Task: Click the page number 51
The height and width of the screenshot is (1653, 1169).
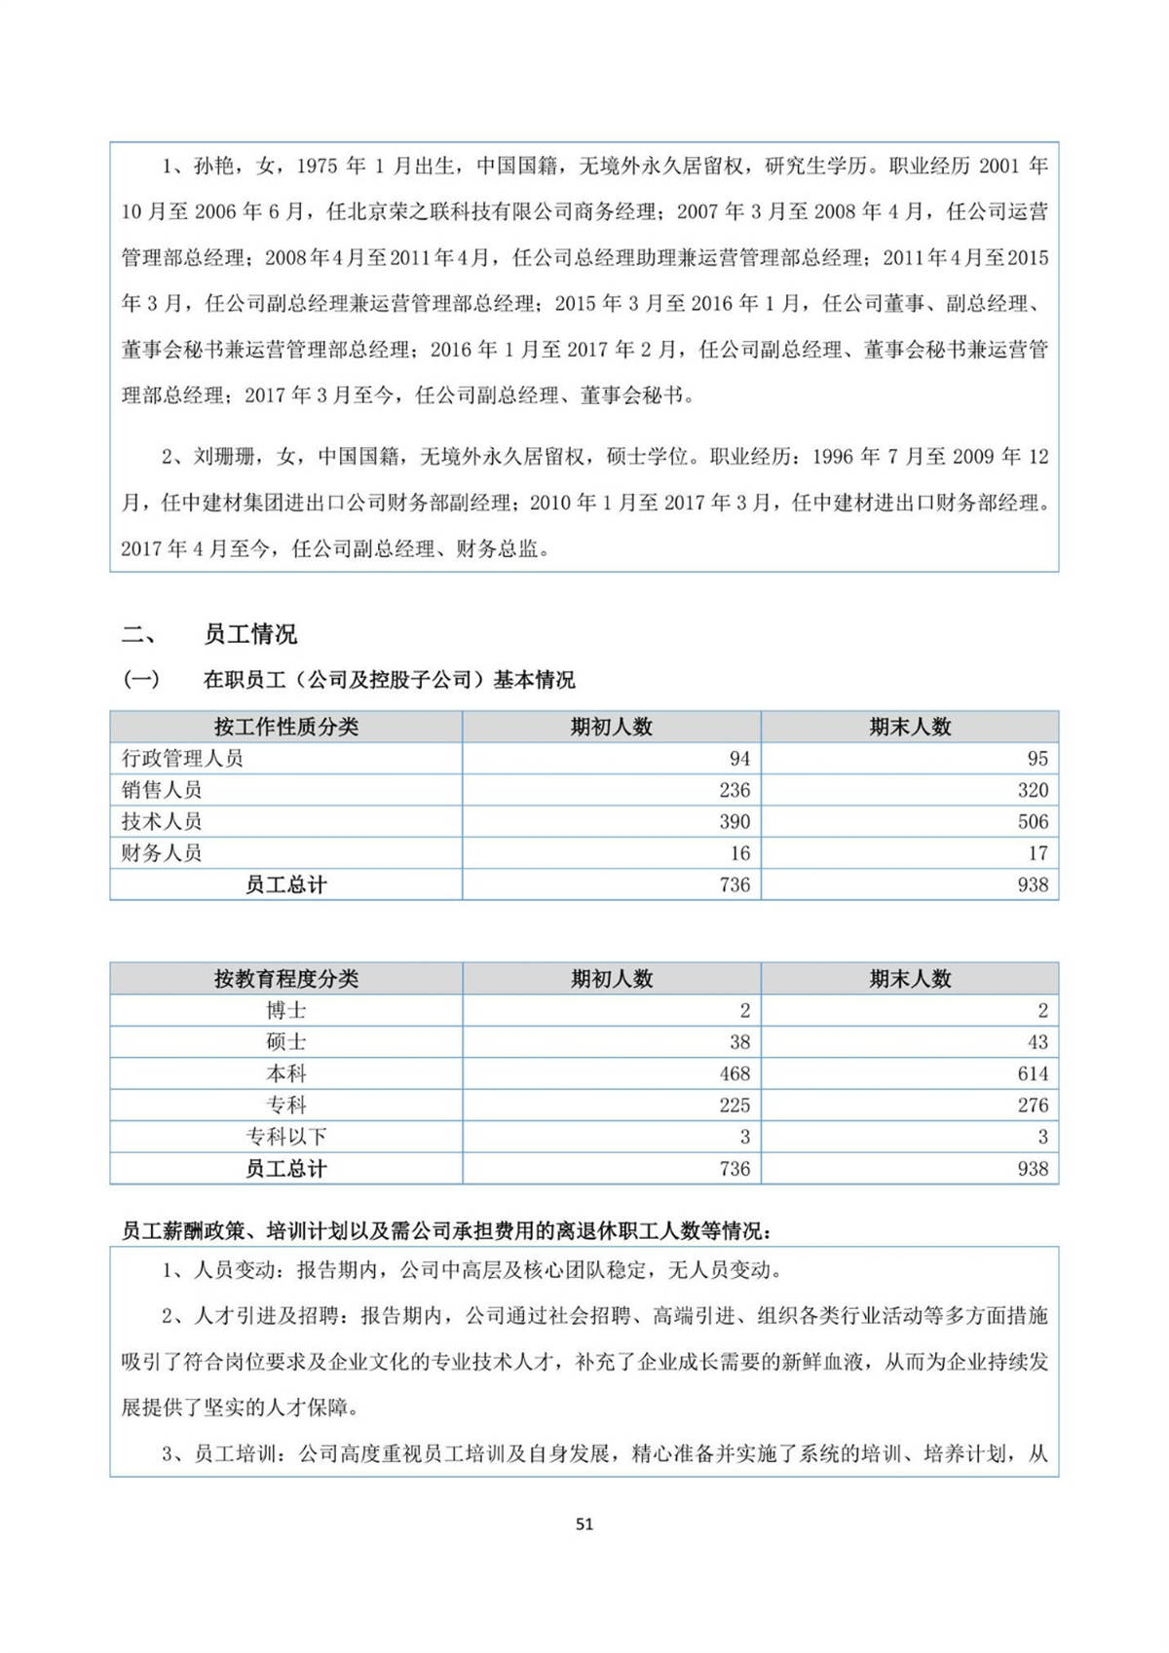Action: pos(584,1524)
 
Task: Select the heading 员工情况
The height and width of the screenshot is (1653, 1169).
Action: pos(250,635)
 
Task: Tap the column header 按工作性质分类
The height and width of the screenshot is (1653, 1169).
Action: pos(285,727)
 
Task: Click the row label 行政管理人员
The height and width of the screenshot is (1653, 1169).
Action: pos(182,759)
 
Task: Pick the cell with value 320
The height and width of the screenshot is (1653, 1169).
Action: pos(1033,790)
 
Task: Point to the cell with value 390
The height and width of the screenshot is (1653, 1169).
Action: pos(735,821)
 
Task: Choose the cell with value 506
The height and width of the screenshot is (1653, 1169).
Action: pos(1033,821)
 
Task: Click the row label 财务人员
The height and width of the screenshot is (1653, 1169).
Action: pos(162,853)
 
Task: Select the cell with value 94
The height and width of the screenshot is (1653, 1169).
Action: pos(739,759)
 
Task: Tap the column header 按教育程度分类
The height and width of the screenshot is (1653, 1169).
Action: pos(285,979)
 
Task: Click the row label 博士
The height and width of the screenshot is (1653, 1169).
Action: pos(285,1011)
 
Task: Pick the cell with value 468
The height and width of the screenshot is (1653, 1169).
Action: pos(735,1073)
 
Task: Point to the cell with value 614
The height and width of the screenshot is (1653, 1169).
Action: pos(1033,1073)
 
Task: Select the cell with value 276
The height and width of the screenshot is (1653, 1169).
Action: pos(1033,1106)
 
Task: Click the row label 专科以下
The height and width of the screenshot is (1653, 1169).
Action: pos(285,1137)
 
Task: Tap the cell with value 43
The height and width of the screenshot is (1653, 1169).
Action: pos(1037,1042)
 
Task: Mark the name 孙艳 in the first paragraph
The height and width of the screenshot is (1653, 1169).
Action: pos(213,167)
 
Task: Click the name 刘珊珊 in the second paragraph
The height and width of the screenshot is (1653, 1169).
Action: pos(224,457)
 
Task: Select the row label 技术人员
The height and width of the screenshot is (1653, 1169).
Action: pos(162,821)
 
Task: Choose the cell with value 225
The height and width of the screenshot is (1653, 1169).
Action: pos(735,1106)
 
